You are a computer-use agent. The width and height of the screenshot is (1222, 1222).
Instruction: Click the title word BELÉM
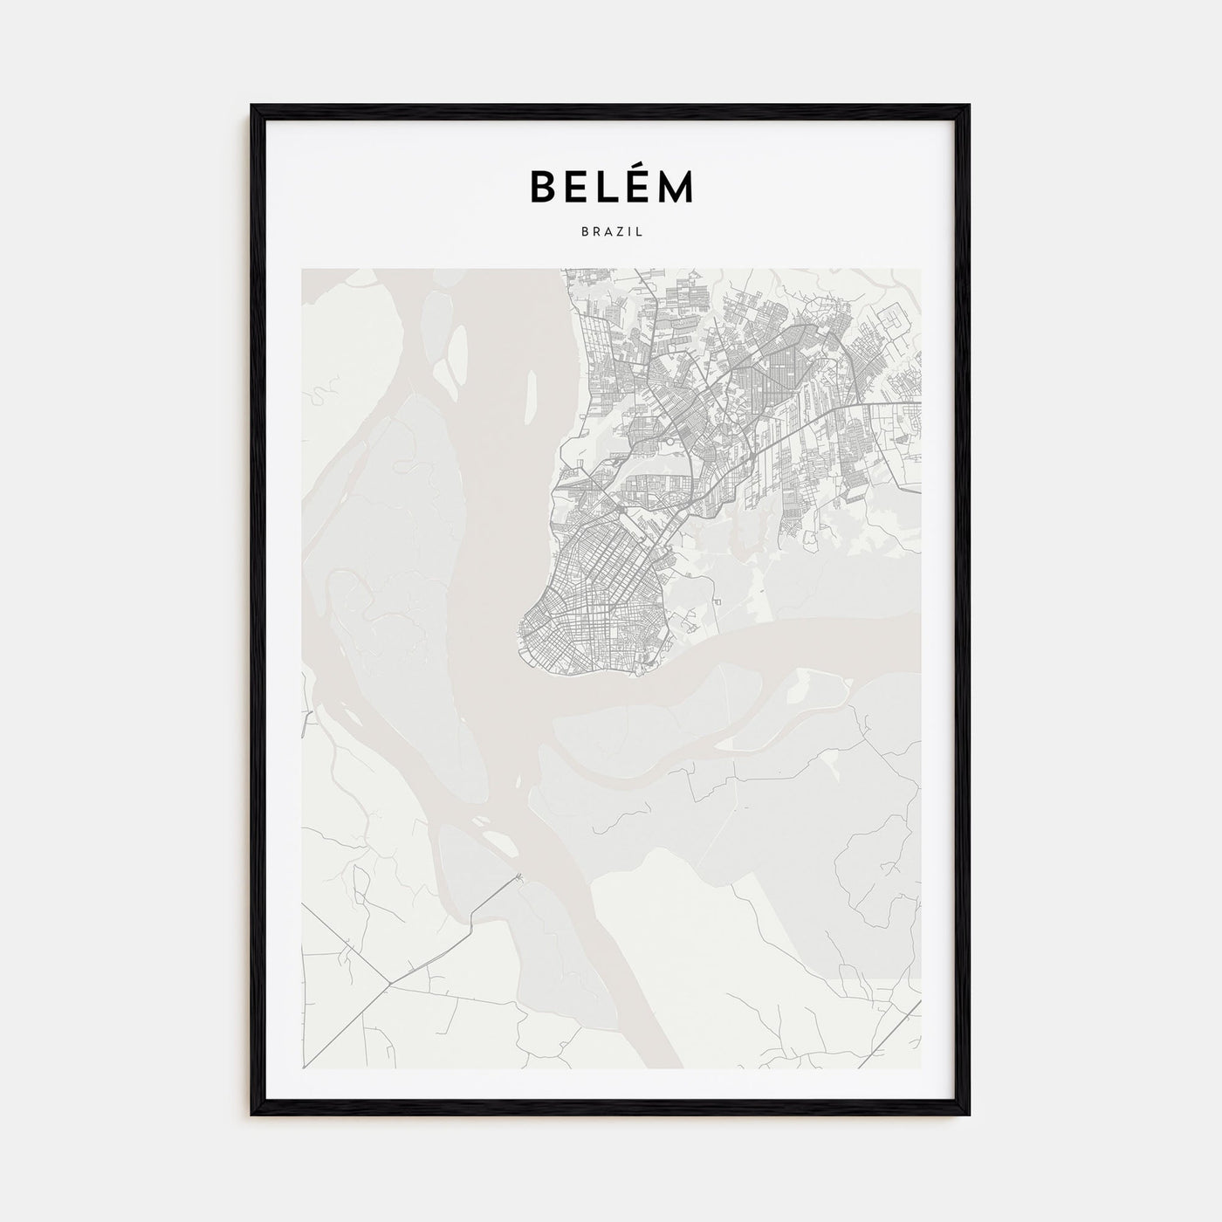pyautogui.click(x=611, y=186)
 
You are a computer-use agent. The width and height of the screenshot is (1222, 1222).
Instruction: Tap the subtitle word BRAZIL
pyautogui.click(x=611, y=232)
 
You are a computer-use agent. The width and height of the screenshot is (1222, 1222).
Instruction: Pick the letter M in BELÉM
pyautogui.click(x=677, y=186)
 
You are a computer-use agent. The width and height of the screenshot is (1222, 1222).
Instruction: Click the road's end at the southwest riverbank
pyautogui.click(x=520, y=876)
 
